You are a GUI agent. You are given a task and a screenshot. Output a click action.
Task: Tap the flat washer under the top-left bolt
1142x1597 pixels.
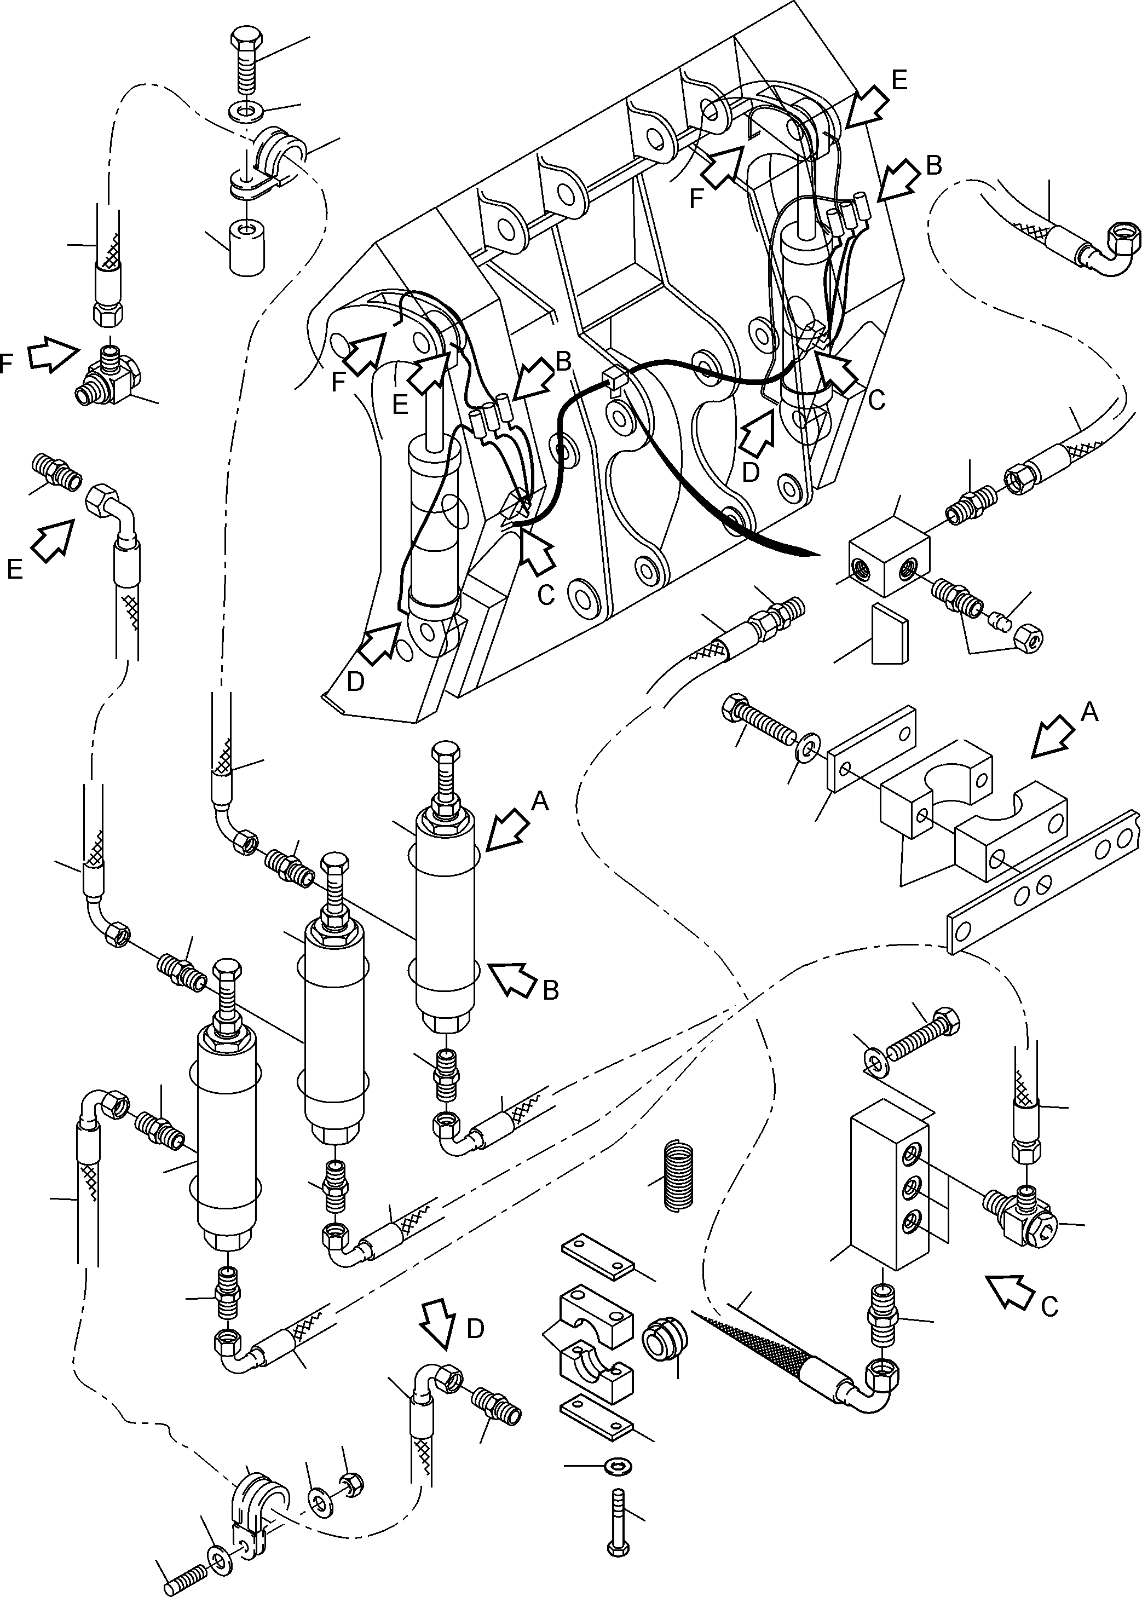(243, 111)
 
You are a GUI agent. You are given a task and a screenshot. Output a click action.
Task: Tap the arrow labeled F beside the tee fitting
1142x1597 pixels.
(53, 356)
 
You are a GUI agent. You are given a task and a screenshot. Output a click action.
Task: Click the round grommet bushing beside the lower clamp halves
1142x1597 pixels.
(662, 1337)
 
